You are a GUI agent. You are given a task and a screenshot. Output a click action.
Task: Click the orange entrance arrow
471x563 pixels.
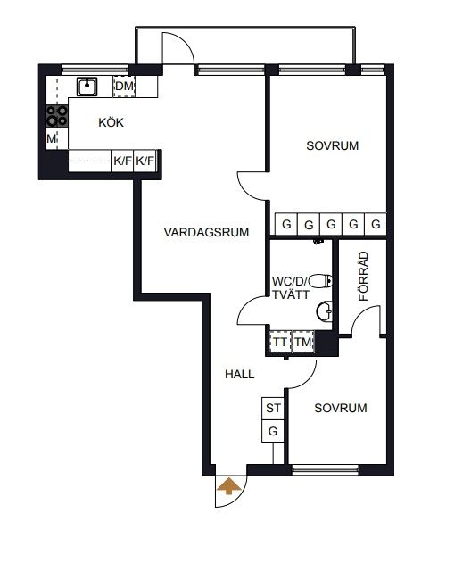pos(228,486)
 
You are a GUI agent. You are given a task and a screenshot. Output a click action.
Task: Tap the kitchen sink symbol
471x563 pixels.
pos(87,87)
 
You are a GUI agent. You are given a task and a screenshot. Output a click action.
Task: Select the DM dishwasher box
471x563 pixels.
pos(124,87)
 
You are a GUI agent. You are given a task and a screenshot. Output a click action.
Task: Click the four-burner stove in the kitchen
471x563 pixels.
pos(57,116)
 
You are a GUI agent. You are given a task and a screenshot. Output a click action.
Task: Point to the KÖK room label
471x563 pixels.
pos(112,122)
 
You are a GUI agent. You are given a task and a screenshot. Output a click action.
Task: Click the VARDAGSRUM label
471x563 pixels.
pos(206,232)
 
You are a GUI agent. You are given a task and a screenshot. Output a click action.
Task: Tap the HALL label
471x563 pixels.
pos(239,374)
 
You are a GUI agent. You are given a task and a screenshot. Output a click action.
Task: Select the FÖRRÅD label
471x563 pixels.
pos(363,276)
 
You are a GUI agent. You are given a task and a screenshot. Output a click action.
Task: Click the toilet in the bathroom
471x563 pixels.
pos(320,281)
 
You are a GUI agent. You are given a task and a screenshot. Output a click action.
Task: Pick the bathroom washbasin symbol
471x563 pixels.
pos(324,311)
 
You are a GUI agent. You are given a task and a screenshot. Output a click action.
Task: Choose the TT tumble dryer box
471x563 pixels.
pos(280,342)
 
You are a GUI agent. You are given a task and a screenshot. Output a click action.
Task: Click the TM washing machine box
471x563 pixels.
pos(303,342)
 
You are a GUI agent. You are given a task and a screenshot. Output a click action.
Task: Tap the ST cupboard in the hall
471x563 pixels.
pos(273,408)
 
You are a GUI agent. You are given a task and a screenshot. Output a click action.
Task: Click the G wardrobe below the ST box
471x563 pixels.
pos(273,431)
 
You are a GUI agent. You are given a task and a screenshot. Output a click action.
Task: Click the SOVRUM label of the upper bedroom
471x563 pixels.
pos(333,145)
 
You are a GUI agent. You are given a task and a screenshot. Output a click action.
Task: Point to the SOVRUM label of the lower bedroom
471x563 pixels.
pos(341,408)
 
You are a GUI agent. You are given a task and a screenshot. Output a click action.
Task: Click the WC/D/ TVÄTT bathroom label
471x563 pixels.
pos(291,288)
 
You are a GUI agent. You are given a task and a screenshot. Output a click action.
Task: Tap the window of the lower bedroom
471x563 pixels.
pos(326,469)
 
